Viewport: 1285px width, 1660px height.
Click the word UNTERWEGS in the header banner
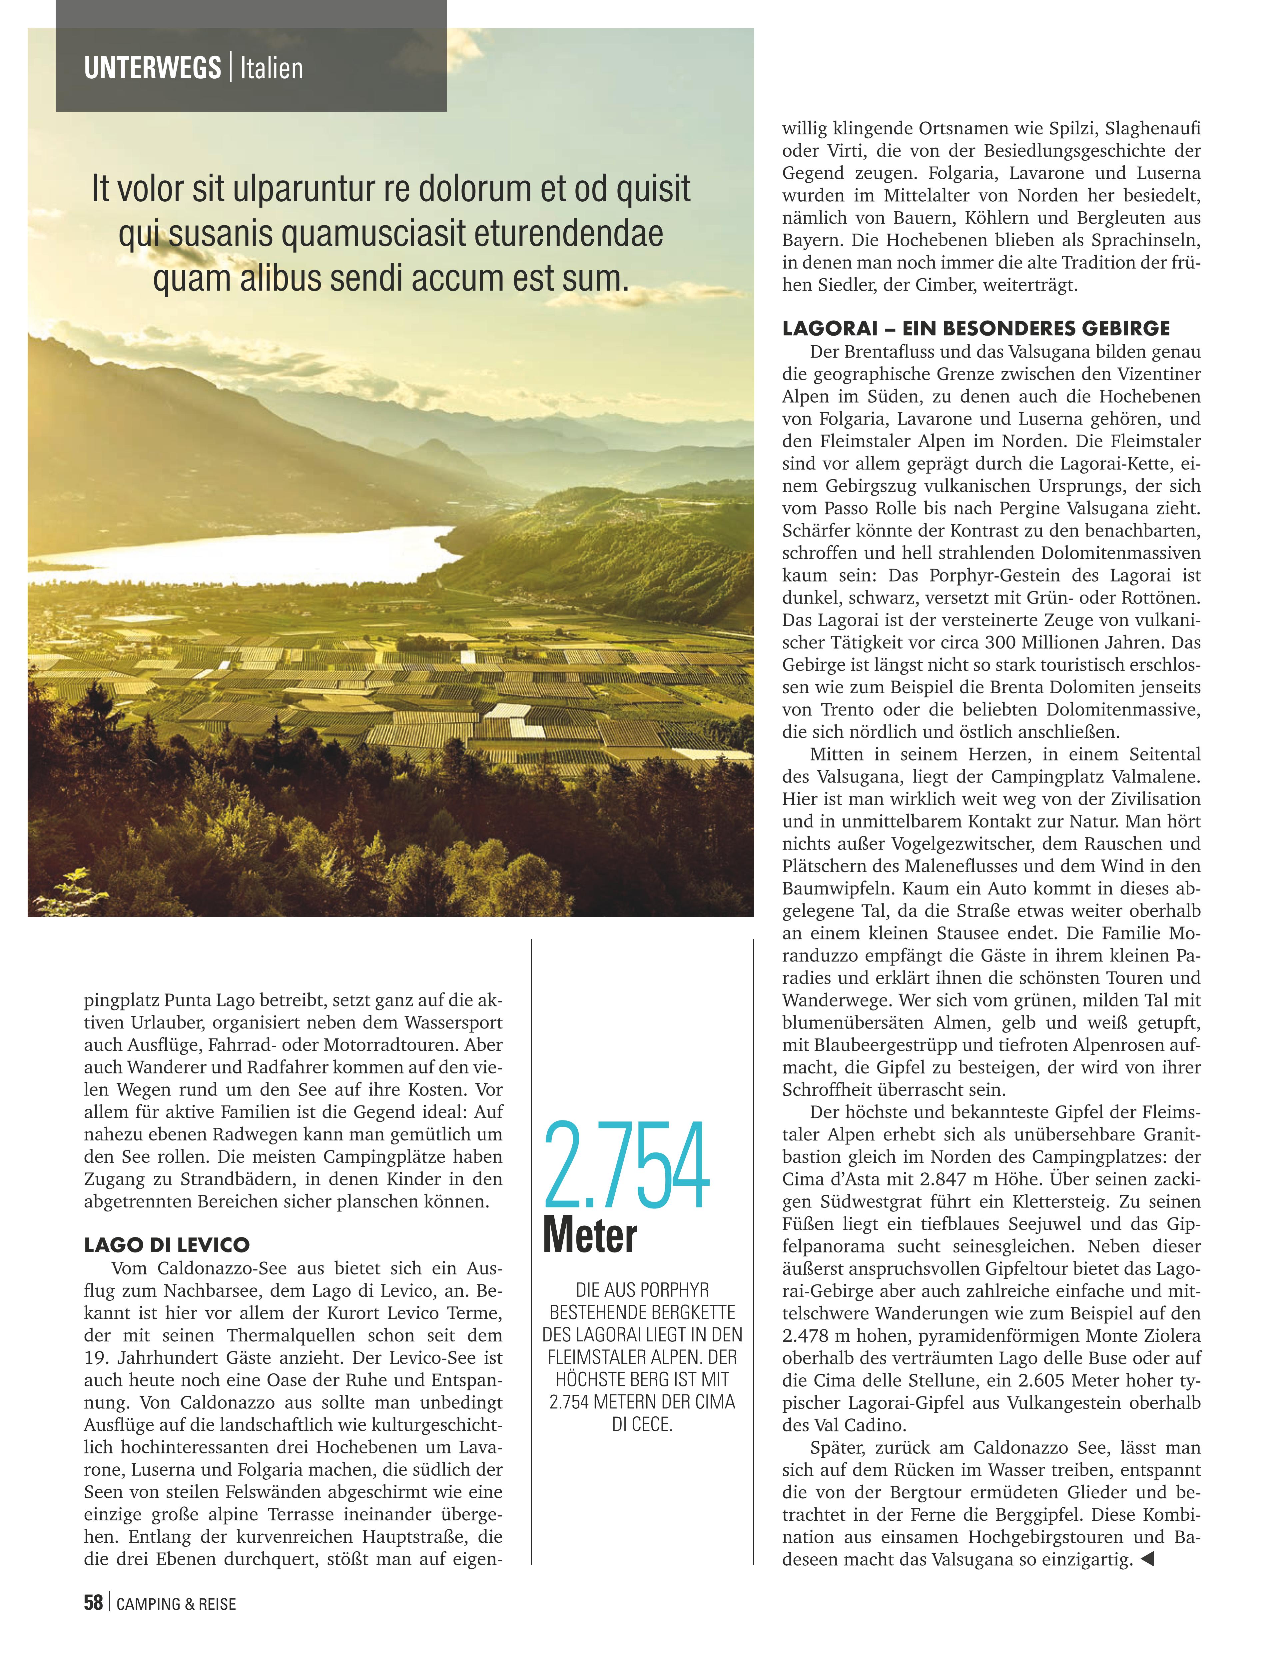point(152,68)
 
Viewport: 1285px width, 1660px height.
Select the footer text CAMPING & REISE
point(176,1604)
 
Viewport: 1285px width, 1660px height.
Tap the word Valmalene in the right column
point(1155,777)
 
